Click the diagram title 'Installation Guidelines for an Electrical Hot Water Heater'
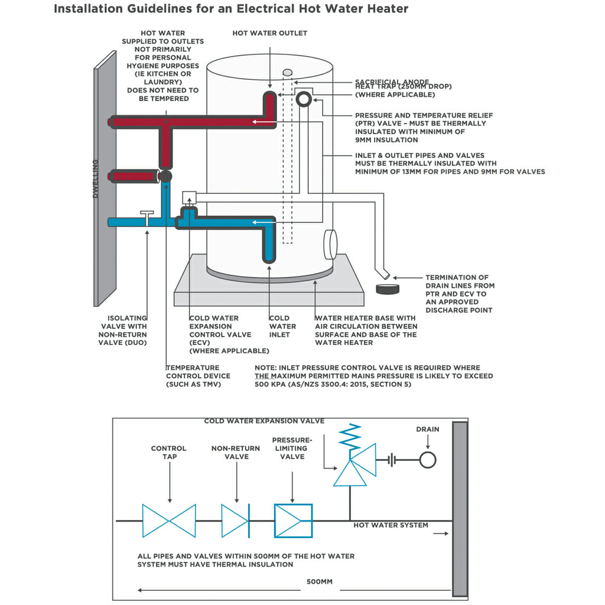click(231, 9)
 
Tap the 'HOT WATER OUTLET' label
click(269, 33)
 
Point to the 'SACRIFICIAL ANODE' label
click(392, 82)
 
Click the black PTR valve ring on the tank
click(304, 99)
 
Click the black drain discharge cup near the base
click(388, 290)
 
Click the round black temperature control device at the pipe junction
click(166, 176)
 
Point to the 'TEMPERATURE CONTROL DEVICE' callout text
click(198, 376)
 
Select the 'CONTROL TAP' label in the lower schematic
click(168, 452)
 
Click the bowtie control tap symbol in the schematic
click(169, 521)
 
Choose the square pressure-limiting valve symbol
click(293, 521)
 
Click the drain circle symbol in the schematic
click(428, 460)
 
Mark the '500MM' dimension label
click(319, 582)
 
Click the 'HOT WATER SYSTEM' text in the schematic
click(391, 525)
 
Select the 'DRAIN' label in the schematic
click(428, 429)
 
